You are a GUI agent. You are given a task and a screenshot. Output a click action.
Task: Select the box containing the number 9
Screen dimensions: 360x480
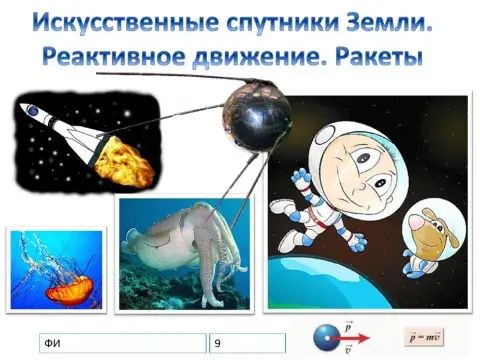pos(247,344)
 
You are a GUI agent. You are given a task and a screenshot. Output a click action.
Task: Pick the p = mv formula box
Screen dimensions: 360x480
pos(424,336)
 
